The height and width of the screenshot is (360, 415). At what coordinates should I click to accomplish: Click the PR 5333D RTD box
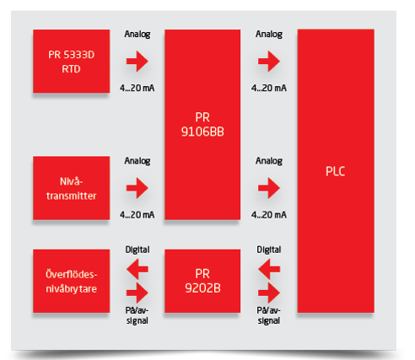pos(72,61)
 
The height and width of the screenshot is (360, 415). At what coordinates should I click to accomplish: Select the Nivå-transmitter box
pos(72,188)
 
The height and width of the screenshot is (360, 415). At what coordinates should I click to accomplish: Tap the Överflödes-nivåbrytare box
pos(72,281)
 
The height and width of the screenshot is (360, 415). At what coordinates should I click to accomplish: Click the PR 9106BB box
pos(202,125)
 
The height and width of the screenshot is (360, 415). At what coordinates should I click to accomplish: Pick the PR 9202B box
pos(202,281)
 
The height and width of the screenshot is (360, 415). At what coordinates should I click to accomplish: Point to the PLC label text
pos(336,171)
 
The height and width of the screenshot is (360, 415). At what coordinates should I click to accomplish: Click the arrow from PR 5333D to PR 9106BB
pos(137,61)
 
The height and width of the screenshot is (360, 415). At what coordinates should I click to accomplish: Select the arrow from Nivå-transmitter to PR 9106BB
pos(137,188)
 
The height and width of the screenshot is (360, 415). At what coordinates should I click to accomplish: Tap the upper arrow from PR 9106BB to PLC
pos(269,61)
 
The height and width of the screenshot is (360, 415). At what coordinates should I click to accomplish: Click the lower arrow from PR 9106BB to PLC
pos(269,188)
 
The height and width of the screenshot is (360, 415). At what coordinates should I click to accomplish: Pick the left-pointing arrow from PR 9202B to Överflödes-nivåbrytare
pos(137,269)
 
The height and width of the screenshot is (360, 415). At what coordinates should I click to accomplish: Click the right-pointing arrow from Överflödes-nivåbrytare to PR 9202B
pos(137,293)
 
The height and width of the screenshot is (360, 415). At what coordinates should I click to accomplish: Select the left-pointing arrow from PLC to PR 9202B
pos(269,269)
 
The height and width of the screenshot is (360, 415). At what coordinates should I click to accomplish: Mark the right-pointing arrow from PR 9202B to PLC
pos(269,293)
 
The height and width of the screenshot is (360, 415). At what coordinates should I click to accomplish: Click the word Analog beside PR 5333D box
pos(137,35)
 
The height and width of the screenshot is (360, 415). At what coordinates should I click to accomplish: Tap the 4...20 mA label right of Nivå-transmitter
pos(137,215)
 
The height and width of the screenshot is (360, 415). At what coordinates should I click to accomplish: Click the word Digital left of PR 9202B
pos(137,250)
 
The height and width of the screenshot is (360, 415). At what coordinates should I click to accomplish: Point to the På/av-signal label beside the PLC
pos(269,315)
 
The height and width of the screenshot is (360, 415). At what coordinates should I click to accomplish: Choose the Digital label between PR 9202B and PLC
pos(269,250)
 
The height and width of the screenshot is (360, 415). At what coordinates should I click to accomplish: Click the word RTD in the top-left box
pos(71,69)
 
